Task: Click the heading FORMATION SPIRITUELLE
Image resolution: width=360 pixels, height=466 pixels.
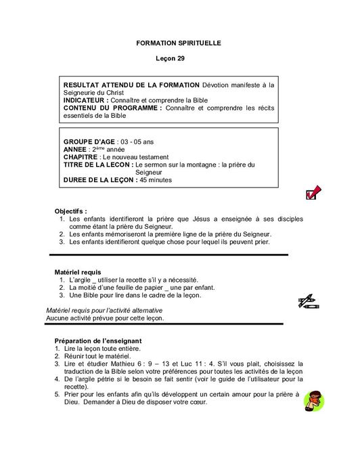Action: pyautogui.click(x=179, y=43)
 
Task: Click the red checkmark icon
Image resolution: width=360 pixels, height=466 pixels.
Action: pyautogui.click(x=313, y=193)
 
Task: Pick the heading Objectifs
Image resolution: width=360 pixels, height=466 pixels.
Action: pyautogui.click(x=70, y=211)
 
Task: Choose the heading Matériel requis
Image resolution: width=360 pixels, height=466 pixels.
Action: pyautogui.click(x=78, y=272)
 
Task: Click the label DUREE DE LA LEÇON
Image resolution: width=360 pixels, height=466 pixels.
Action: pyautogui.click(x=99, y=180)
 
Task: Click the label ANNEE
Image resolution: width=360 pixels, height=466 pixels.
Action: pyautogui.click(x=74, y=149)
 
